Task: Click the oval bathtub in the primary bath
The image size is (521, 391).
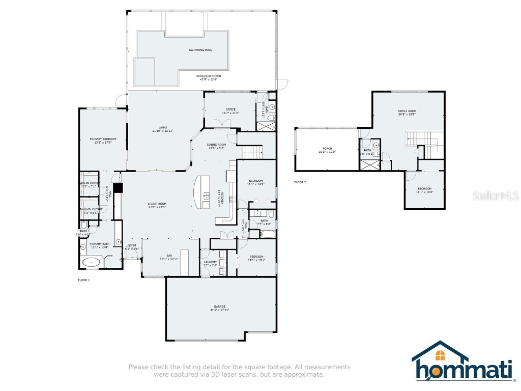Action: coord(92,262)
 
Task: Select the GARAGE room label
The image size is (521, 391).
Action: coord(219,306)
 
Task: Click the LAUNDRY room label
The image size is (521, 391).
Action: coord(210,262)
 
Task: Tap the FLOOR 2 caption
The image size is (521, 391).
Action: coord(300,182)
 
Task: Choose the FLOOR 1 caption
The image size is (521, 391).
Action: coord(83,280)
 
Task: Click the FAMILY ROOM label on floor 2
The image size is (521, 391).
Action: coord(407,111)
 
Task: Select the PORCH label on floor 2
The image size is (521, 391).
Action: coord(327,149)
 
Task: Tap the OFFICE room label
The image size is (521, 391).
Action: coord(230,109)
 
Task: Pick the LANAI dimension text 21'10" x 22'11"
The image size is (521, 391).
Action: coord(163,131)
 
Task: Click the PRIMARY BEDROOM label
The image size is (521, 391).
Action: coord(103,139)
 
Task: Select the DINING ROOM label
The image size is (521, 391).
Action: coord(216,145)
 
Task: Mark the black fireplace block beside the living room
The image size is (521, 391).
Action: coord(119,188)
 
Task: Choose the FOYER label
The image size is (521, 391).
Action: coord(132,245)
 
